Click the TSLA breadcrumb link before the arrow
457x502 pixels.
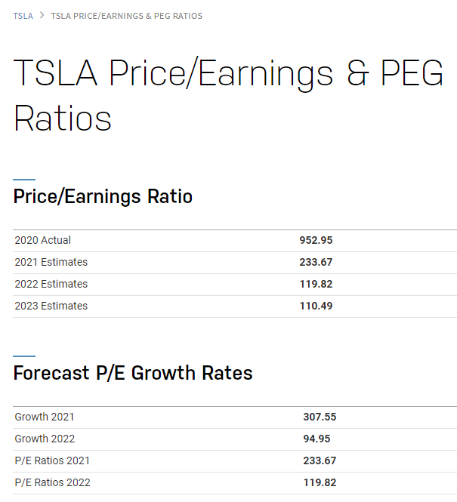tap(23, 16)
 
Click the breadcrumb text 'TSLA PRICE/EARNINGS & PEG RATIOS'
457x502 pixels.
tap(126, 16)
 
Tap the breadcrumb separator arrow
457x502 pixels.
tap(42, 16)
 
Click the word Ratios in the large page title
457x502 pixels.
tap(63, 118)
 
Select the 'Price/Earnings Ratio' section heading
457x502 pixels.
tap(103, 197)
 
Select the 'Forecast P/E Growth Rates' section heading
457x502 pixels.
tap(133, 373)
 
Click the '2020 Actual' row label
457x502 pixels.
tap(42, 240)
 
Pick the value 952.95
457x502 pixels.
tap(316, 240)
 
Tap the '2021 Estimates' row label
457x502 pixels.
tap(51, 262)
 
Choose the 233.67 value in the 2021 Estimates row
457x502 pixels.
tap(316, 262)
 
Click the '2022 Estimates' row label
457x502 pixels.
tap(51, 284)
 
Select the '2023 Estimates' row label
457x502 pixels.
tap(51, 306)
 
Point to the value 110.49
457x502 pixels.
tap(316, 306)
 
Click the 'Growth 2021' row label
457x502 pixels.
tap(45, 417)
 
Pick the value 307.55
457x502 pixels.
tap(320, 417)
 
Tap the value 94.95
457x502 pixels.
tap(317, 439)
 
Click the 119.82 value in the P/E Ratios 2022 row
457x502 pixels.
tap(320, 482)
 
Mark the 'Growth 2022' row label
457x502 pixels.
tap(45, 439)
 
